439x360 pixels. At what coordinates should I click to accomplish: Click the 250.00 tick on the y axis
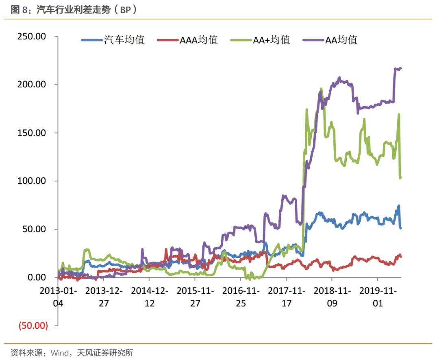[x=32, y=37]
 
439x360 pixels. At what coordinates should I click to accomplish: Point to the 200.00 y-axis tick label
[x=32, y=85]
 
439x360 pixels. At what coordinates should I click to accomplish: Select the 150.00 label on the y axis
[x=32, y=133]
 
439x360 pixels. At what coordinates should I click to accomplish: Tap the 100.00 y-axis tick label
[x=32, y=181]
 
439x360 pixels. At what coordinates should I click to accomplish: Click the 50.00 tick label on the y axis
[x=34, y=229]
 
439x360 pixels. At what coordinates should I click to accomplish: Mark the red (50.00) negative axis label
[x=33, y=325]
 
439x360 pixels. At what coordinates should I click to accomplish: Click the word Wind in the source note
[x=59, y=353]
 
